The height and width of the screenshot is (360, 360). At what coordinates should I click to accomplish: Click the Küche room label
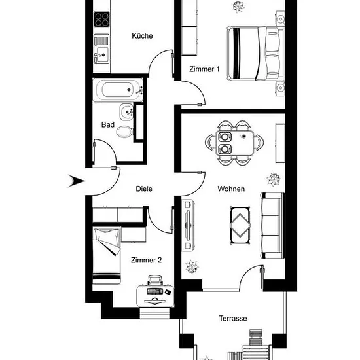tap(142, 36)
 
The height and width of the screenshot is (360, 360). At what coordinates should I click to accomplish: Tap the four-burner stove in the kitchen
tap(101, 20)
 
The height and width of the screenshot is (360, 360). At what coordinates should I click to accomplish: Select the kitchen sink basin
tap(101, 54)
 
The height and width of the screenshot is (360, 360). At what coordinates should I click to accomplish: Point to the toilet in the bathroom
tap(124, 132)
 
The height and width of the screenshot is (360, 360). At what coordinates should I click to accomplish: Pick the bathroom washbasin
tap(126, 112)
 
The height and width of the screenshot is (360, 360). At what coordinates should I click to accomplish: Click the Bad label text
tap(108, 124)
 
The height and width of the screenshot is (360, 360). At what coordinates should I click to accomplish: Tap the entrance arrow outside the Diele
tap(77, 181)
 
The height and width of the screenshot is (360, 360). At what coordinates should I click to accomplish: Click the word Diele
tap(144, 189)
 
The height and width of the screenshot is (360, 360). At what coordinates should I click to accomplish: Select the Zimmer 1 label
tap(204, 69)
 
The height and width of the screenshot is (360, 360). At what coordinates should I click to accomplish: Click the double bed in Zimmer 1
tap(256, 54)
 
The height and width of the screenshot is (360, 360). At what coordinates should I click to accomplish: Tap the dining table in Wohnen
tap(235, 143)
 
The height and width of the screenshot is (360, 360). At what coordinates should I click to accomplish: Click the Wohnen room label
tap(231, 189)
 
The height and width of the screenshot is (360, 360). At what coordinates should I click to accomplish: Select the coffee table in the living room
tap(240, 225)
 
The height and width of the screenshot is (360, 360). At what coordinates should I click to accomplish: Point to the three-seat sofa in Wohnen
tap(272, 225)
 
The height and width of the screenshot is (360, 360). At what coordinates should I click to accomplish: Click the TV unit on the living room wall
tap(189, 225)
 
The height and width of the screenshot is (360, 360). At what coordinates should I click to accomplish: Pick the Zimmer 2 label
tap(146, 260)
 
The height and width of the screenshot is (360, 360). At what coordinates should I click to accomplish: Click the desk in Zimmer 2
tap(155, 296)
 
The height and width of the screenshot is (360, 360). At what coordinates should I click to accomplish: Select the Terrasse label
tap(233, 319)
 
